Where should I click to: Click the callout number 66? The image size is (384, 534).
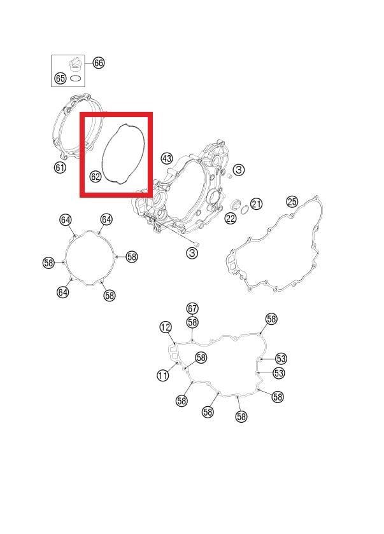pyautogui.click(x=98, y=63)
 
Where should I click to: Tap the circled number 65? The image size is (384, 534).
pyautogui.click(x=60, y=79)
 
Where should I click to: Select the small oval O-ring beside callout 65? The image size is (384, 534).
pyautogui.click(x=75, y=78)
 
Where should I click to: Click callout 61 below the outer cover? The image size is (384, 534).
pyautogui.click(x=60, y=167)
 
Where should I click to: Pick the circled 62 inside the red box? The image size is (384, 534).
pyautogui.click(x=96, y=177)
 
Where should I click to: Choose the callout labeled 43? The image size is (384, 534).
pyautogui.click(x=167, y=158)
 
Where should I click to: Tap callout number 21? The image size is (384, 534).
pyautogui.click(x=256, y=204)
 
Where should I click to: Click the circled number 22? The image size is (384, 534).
pyautogui.click(x=231, y=218)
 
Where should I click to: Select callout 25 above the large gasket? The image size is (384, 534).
pyautogui.click(x=292, y=202)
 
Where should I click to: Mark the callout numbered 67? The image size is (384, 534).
pyautogui.click(x=192, y=308)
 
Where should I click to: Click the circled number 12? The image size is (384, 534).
pyautogui.click(x=166, y=327)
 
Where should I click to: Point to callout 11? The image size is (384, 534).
pyautogui.click(x=162, y=375)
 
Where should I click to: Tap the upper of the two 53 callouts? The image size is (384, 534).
pyautogui.click(x=281, y=359)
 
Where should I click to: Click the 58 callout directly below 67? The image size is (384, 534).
pyautogui.click(x=192, y=322)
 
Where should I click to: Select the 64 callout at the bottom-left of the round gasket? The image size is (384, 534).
pyautogui.click(x=63, y=292)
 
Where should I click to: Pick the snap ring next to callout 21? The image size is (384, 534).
pyautogui.click(x=244, y=210)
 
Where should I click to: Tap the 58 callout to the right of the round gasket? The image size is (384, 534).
pyautogui.click(x=132, y=256)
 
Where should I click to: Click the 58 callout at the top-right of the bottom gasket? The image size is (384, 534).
pyautogui.click(x=271, y=319)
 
